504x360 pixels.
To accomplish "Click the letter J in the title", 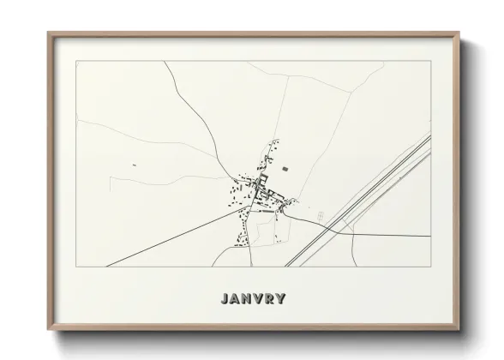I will point(224,299).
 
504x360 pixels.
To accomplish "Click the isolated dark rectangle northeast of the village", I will point(286,169).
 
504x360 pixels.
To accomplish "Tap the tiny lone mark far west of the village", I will point(135,164).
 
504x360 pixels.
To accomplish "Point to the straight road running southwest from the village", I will point(171,240).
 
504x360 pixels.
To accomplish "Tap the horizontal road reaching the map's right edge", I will point(394,235).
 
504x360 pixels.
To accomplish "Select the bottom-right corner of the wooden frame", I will point(459,328).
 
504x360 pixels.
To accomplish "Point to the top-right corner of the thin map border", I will point(429,62).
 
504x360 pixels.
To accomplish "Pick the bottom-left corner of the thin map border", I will point(77,266).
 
